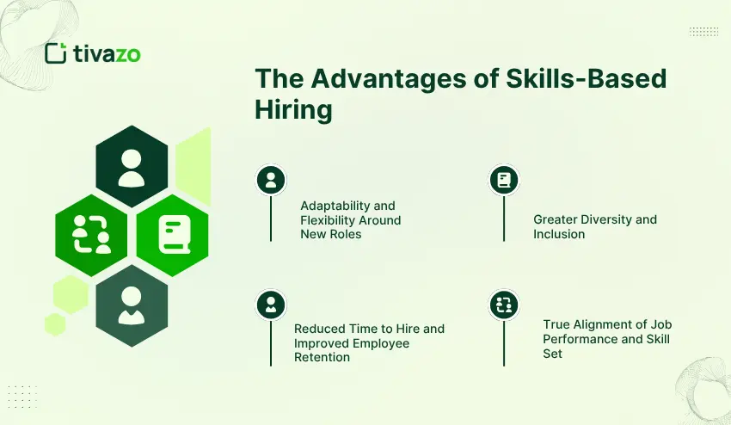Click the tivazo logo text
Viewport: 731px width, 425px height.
click(x=106, y=54)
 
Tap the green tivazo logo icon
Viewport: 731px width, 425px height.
click(x=56, y=53)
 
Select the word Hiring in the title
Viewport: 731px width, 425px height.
click(x=292, y=110)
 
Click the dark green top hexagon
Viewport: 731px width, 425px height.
click(x=132, y=166)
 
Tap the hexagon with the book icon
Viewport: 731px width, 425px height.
click(x=173, y=235)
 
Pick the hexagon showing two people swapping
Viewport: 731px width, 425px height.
click(x=91, y=235)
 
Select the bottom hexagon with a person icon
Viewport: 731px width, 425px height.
click(x=132, y=305)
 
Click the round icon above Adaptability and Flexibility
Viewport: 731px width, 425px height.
click(x=271, y=180)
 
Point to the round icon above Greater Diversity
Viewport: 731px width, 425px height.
click(x=504, y=180)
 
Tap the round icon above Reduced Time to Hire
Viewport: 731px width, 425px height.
click(x=271, y=304)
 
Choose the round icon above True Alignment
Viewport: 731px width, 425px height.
click(x=504, y=304)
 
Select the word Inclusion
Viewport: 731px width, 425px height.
click(x=559, y=234)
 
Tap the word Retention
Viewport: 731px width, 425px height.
click(x=322, y=357)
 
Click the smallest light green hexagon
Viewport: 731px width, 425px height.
click(x=56, y=323)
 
